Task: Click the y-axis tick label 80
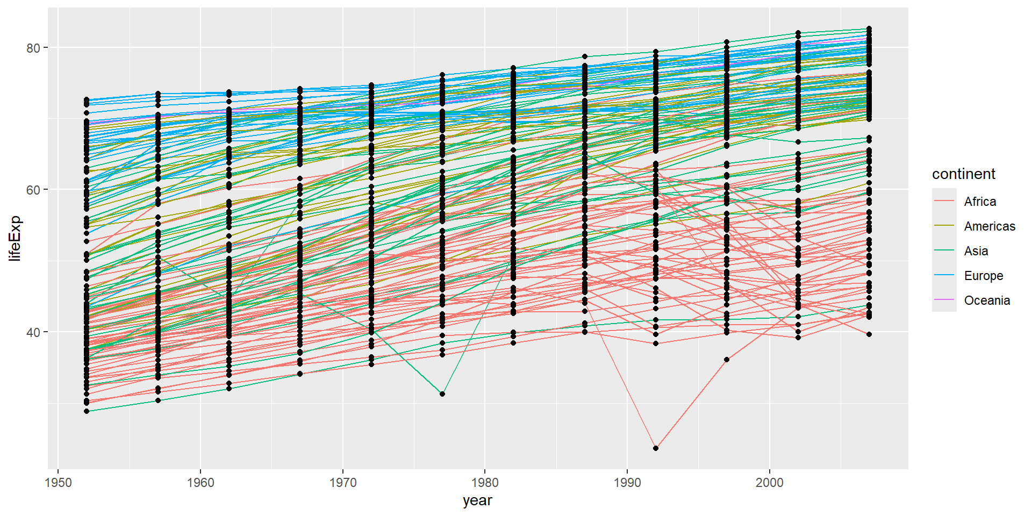pos(33,48)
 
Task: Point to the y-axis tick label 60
pos(33,190)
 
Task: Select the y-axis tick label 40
pos(33,332)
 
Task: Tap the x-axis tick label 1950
pos(59,483)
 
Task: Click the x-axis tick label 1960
pos(200,483)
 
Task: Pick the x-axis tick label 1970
pos(343,483)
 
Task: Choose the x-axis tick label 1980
pos(485,483)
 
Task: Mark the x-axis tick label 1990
pos(627,483)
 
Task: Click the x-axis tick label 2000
pos(770,483)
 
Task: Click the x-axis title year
pos(477,500)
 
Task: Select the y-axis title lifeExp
pos(15,238)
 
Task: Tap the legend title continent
pos(964,174)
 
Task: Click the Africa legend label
pos(980,202)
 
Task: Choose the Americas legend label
pos(990,226)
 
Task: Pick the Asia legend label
pos(976,251)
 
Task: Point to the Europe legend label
pos(984,276)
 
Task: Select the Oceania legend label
pos(987,300)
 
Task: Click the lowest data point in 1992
pos(656,448)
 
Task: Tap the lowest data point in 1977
pos(442,394)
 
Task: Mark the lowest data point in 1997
pos(727,360)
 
